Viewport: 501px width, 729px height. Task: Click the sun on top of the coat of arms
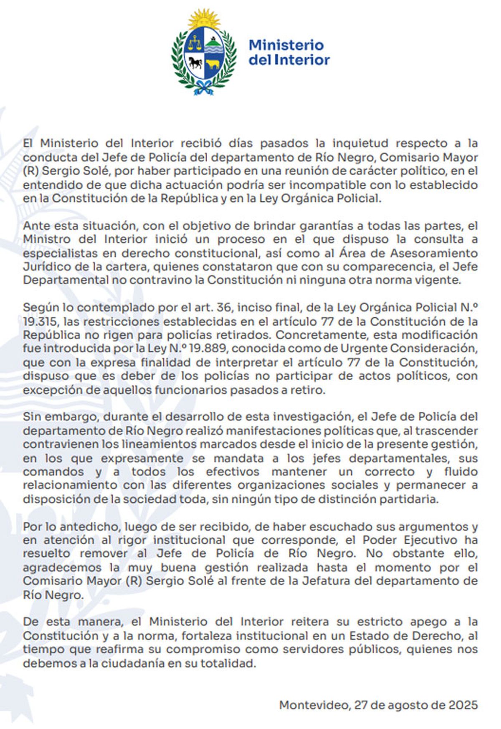[204, 19]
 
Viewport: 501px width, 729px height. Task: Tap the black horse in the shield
[195, 63]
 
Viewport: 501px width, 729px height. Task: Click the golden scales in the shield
[195, 42]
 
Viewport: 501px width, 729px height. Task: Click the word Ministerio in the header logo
[286, 45]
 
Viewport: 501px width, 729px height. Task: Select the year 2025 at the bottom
[463, 705]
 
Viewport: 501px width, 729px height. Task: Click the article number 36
[224, 308]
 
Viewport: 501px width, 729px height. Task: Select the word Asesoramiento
[434, 253]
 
